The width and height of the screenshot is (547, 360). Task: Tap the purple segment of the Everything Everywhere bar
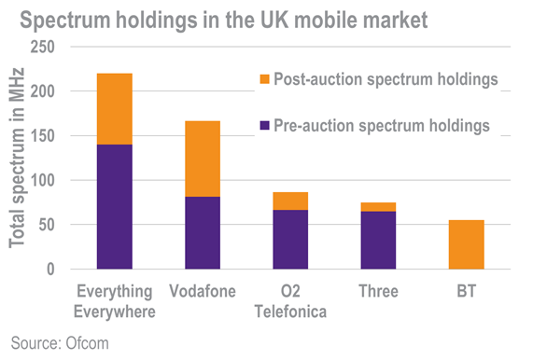click(127, 207)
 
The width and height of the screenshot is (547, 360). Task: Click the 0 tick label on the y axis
click(51, 270)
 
